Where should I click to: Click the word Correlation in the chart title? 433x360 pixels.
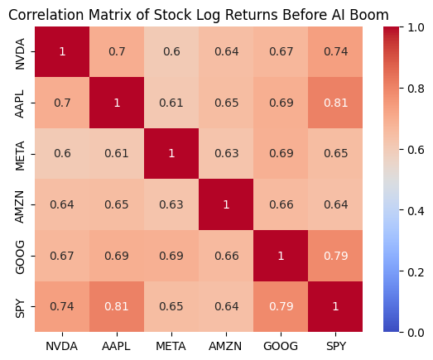coord(46,15)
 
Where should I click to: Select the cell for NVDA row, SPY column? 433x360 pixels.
coord(335,51)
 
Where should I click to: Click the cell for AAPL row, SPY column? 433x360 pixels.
coord(335,103)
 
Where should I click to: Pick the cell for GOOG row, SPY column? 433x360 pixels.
coord(335,256)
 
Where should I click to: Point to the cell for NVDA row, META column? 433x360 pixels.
coord(171,51)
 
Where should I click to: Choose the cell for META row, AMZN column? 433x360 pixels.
coord(226,153)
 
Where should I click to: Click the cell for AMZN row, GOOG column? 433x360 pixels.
coord(281,204)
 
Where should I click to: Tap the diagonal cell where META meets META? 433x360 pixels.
coord(171,153)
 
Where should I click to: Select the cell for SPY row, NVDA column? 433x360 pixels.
coord(62,306)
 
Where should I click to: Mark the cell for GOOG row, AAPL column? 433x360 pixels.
coord(117,256)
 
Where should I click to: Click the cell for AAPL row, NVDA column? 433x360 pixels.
coord(62,103)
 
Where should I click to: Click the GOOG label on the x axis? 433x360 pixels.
coord(281,346)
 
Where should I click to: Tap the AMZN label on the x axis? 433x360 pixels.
coord(225,346)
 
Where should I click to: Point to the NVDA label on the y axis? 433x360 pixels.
coord(20,54)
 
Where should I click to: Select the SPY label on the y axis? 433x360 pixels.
coord(20,309)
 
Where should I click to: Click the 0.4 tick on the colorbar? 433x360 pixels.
coord(416,211)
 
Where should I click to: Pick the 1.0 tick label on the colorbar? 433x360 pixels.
coord(416,27)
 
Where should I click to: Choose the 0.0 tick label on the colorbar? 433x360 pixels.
coord(416,333)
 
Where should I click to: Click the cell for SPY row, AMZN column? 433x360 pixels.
coord(226,306)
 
